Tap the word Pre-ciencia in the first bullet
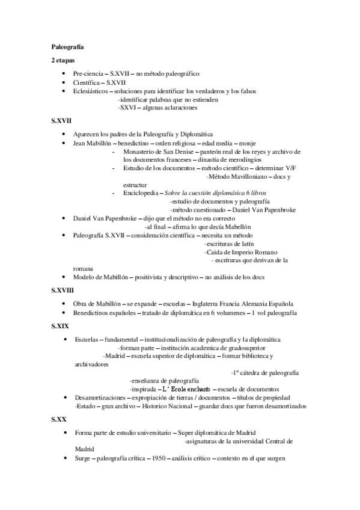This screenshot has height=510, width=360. tap(88, 73)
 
